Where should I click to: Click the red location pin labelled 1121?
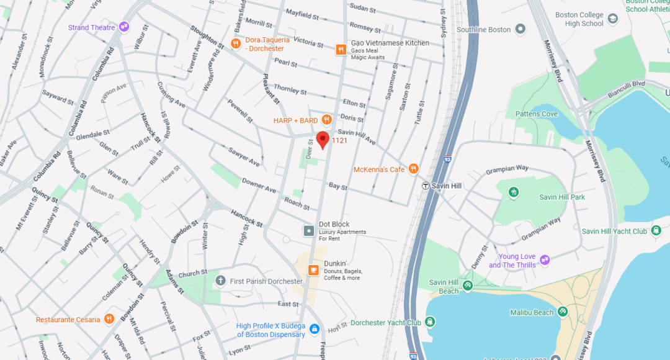pos(323,140)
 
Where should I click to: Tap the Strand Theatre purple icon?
pos(124,27)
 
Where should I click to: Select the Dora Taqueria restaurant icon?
pos(236,43)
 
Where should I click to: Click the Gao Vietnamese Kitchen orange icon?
pos(341,50)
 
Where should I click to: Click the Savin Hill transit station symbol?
pos(425,186)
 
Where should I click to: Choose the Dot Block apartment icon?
pos(309,231)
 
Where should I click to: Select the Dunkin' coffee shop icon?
pos(313,270)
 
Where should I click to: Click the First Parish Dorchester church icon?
pos(220,281)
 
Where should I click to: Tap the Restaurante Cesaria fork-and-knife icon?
pos(109,319)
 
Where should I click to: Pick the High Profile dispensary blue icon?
pos(315,329)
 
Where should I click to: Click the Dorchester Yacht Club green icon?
pos(430,322)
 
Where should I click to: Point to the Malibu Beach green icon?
pos(563,312)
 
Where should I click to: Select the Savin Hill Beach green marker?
pos(468,286)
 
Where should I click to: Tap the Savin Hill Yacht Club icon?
pos(654,231)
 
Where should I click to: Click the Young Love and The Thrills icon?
pos(545,260)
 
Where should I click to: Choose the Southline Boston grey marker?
pos(520,29)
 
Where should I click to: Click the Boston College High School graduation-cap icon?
pos(613,19)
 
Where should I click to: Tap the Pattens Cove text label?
pos(537,114)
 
